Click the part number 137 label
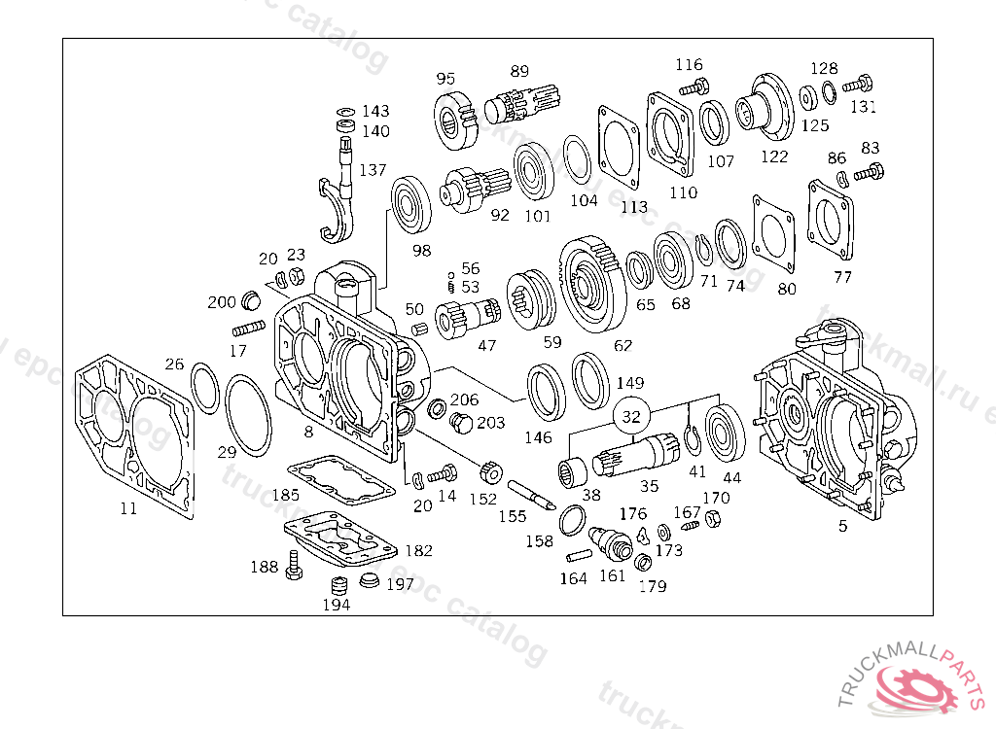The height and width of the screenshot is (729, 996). tap(373, 170)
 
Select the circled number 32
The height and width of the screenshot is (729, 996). tap(631, 417)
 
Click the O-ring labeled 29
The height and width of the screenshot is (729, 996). tap(247, 416)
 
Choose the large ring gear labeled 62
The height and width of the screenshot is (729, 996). tap(594, 286)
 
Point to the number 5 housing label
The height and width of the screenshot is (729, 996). tap(842, 526)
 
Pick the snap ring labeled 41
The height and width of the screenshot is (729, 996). tap(694, 439)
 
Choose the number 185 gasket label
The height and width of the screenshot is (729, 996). tap(285, 495)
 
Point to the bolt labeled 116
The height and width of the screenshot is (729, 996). tap(691, 87)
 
